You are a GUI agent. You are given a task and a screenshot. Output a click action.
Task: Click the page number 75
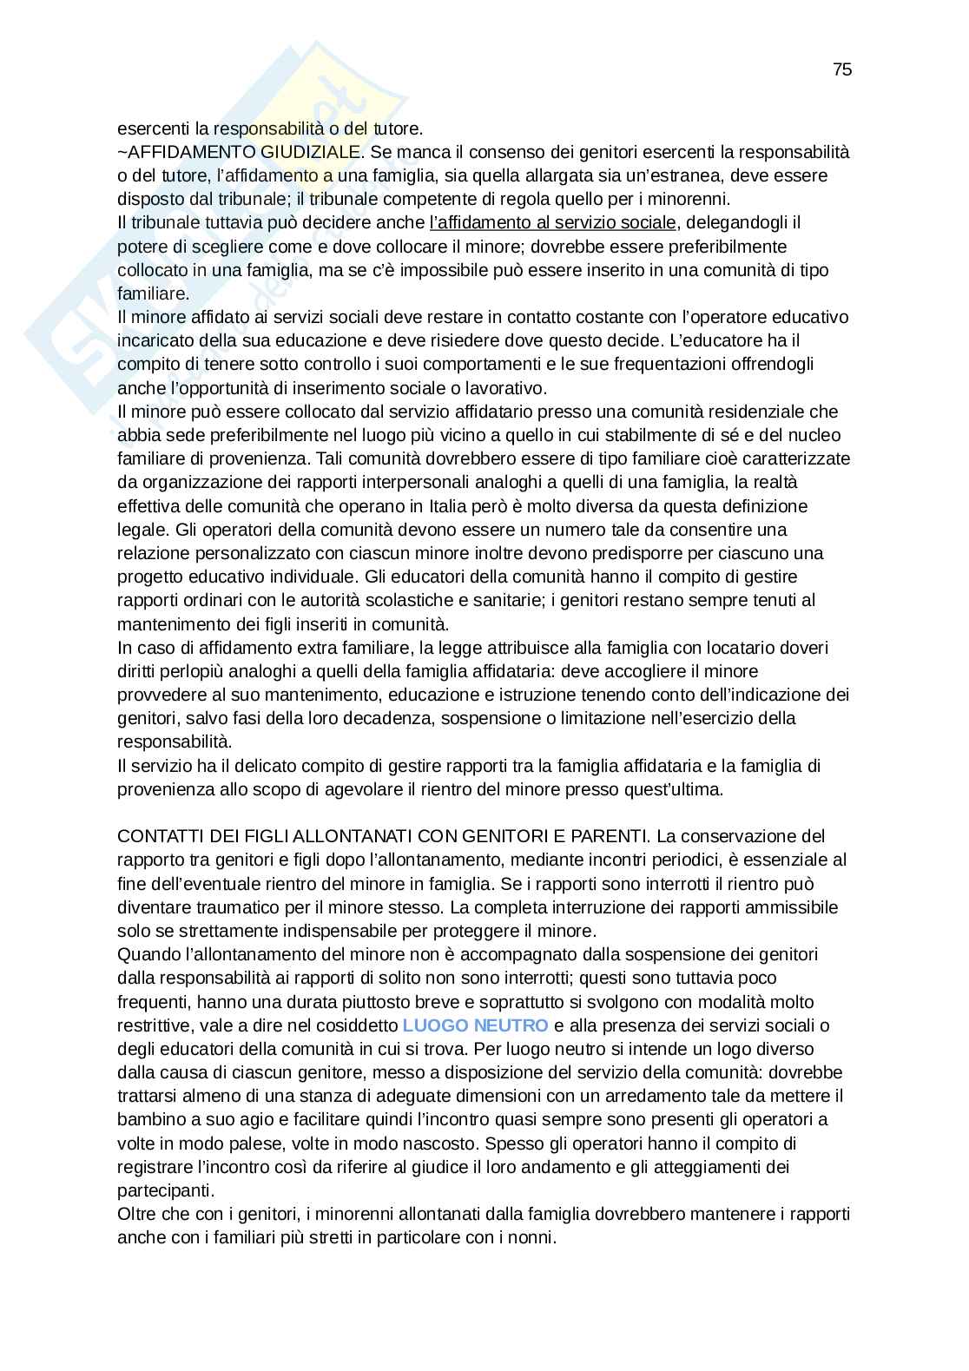841,70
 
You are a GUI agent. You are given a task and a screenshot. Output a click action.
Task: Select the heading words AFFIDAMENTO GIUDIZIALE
242,153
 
